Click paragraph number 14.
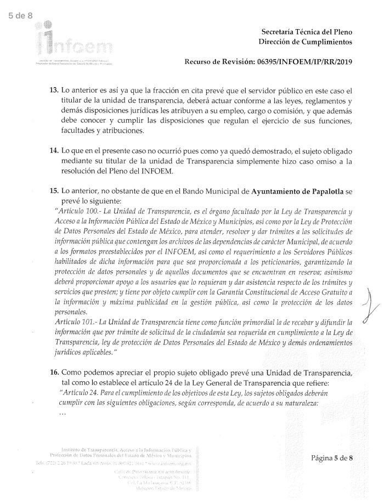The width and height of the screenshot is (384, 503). coord(54,150)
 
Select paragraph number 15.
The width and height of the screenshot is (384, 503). coord(54,191)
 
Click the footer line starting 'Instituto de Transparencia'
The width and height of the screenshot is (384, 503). coord(127,449)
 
